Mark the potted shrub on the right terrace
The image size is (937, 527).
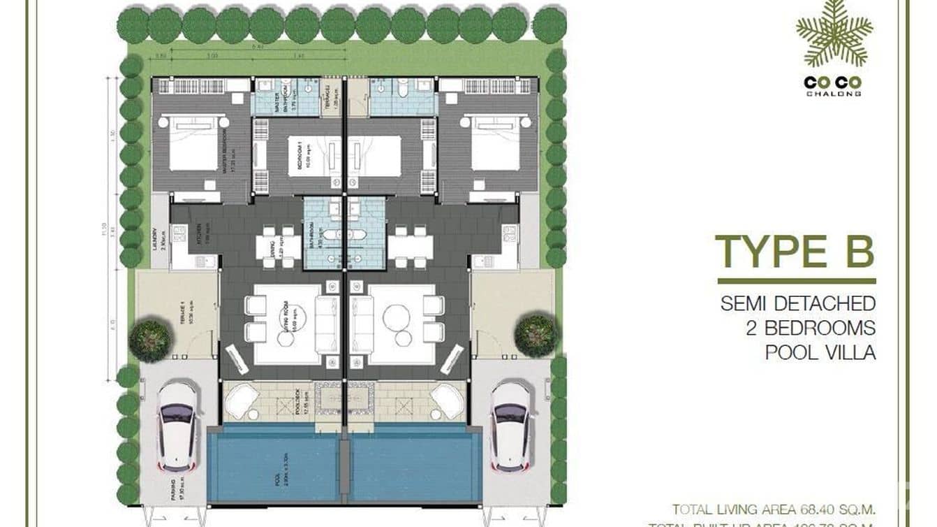[x=536, y=335]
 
